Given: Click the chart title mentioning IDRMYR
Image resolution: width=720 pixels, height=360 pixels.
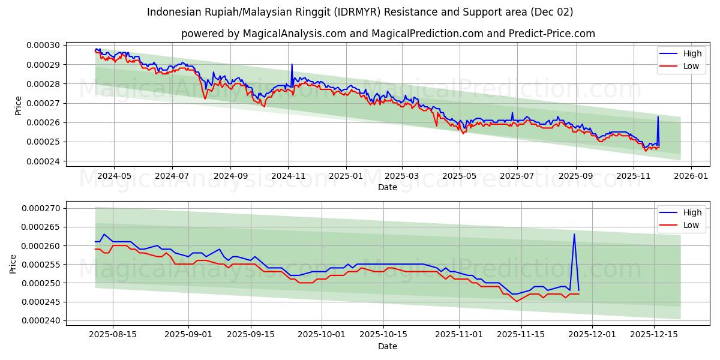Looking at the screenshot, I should click(360, 12).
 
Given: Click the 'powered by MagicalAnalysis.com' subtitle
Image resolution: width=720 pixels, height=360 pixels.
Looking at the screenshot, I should click(388, 34).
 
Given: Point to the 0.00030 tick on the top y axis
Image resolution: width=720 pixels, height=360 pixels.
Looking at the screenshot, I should click(43, 46).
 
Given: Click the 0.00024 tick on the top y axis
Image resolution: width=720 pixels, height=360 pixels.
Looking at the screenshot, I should click(43, 161).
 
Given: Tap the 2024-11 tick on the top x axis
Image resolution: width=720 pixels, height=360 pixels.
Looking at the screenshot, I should click(289, 176).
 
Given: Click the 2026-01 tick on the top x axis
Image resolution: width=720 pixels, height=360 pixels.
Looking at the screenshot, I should click(691, 176).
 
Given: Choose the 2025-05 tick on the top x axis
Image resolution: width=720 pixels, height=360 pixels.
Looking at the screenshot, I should click(460, 176).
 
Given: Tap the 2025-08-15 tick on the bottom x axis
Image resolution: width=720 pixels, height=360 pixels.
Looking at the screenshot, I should click(113, 335).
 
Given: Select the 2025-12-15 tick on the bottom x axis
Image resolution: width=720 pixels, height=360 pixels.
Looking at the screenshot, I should click(654, 335).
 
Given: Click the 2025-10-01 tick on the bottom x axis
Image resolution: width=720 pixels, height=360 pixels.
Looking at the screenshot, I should click(321, 335).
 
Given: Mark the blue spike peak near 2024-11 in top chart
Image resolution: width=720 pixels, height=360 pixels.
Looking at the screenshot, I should click(292, 64).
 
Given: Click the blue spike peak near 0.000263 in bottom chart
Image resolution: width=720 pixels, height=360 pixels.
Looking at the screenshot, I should click(574, 234).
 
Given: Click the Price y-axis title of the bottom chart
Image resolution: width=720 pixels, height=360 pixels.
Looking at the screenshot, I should click(13, 264).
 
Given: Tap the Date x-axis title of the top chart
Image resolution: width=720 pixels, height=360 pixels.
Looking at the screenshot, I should click(387, 187).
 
